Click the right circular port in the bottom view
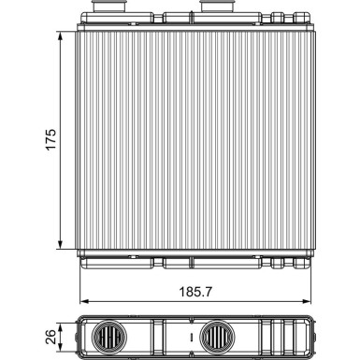[218, 335]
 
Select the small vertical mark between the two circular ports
[190, 335]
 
